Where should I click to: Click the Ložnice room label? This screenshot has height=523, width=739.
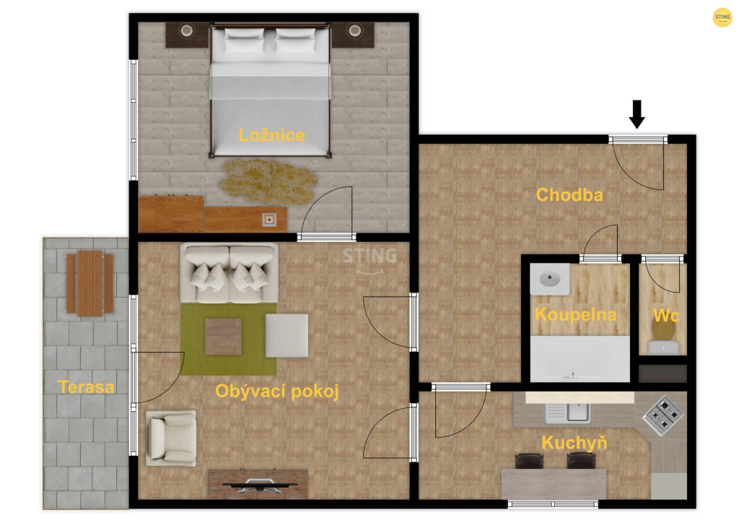coord(271,135)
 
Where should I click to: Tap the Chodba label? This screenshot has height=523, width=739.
coord(569,195)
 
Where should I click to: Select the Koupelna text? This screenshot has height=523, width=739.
coord(575,314)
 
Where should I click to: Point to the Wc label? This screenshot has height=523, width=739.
coord(666,315)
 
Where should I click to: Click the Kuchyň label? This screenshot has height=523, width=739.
coord(574,443)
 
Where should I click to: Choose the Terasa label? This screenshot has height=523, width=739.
coord(87,387)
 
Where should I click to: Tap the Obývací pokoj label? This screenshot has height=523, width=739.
coord(277,392)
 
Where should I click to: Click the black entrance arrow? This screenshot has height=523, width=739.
coord(637,114)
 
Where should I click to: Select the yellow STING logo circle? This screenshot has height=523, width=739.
coord(722,17)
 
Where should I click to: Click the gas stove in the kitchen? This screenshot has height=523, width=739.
coord(663,415)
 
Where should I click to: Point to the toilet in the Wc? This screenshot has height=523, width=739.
coord(664,337)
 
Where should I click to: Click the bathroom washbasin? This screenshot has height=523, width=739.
coord(549,279)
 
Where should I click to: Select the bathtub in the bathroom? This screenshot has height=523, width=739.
coord(580,358)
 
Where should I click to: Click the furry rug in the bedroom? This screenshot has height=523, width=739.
coord(268,181)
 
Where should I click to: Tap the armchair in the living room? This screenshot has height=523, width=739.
coord(171,438)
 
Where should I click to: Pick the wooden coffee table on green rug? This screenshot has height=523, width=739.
coord(224,337)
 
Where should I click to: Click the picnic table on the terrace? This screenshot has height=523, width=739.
coord(89,283)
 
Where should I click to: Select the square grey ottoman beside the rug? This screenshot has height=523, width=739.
coord(287,335)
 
